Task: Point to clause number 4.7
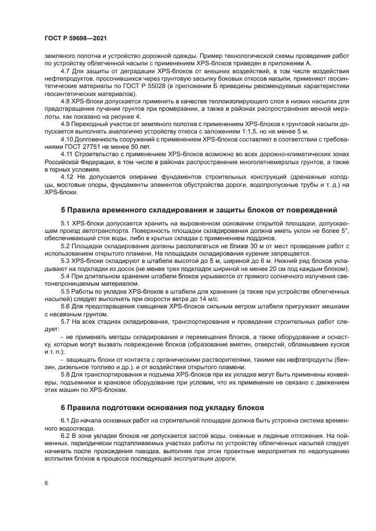(x=65, y=71)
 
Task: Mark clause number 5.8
(x=65, y=374)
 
